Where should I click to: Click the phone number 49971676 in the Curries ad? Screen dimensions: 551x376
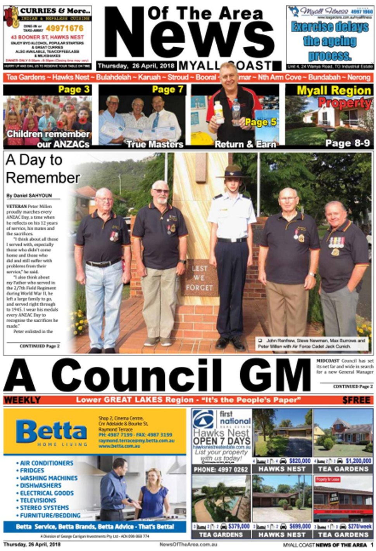point(64,28)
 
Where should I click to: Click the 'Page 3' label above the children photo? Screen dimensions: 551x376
point(74,89)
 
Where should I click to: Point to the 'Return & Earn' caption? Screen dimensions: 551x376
point(245,144)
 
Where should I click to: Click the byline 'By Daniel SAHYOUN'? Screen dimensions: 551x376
point(29,196)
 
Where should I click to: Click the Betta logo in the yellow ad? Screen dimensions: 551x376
point(51,431)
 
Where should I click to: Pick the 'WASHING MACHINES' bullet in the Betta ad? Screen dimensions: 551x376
point(49,478)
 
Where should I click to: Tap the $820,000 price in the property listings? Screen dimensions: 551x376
point(300,461)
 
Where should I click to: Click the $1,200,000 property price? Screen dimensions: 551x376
point(359,461)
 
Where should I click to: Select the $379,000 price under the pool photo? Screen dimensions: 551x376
point(239,526)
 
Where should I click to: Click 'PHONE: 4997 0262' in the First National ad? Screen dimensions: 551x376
point(221,470)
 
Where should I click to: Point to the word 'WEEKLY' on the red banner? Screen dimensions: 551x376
point(22,400)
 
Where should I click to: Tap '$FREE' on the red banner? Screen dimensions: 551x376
point(356,400)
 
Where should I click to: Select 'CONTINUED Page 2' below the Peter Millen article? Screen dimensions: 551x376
point(40,346)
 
